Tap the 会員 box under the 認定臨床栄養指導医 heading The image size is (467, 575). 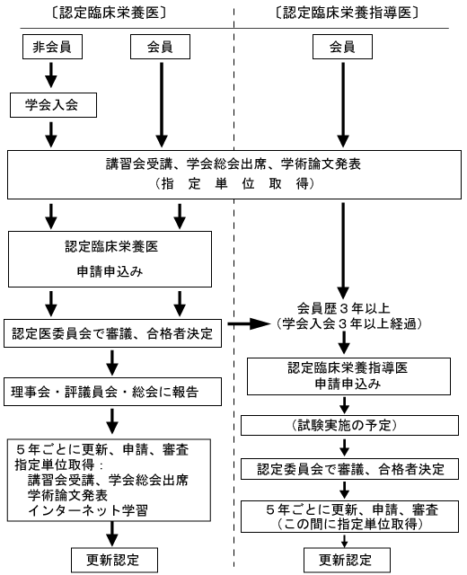[341, 49]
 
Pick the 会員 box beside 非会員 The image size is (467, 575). [160, 49]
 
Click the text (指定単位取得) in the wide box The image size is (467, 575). [233, 183]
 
